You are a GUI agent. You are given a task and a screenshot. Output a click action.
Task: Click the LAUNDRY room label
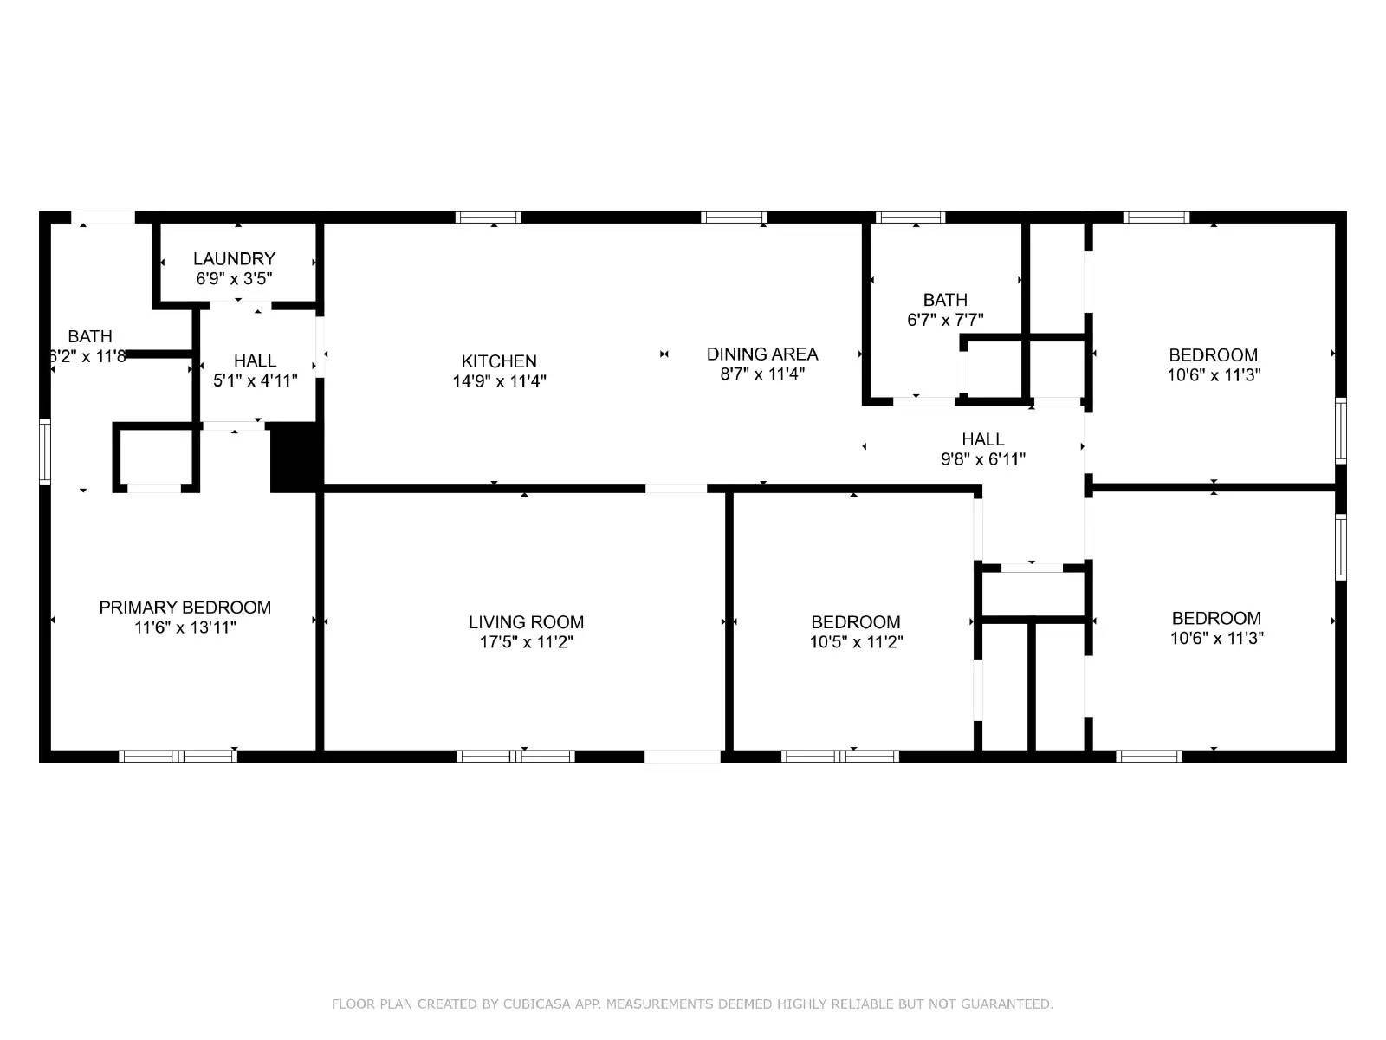tap(234, 258)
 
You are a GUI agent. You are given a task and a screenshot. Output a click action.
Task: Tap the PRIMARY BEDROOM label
tap(185, 608)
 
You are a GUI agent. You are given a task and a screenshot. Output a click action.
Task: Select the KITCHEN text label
tap(499, 361)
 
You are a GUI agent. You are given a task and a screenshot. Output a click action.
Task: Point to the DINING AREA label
tap(762, 354)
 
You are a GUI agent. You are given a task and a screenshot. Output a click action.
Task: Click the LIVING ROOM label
tap(526, 622)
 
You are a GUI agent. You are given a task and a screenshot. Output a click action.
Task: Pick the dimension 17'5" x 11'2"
tap(526, 642)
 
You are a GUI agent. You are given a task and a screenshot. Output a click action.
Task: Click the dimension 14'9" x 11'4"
tap(499, 381)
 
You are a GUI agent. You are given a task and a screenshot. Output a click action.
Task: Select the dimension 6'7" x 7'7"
tap(945, 320)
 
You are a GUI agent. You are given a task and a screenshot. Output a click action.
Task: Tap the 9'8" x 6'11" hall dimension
tap(983, 459)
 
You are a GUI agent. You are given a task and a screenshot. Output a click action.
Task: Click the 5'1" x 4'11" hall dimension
tap(255, 380)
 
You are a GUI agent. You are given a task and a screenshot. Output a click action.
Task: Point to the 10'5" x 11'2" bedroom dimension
tap(856, 642)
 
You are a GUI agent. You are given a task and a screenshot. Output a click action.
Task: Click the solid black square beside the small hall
tap(295, 457)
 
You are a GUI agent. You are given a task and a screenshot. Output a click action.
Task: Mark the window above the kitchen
tap(489, 218)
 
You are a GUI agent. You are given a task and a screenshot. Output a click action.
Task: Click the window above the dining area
tap(734, 218)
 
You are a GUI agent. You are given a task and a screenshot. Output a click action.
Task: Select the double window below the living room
tap(515, 757)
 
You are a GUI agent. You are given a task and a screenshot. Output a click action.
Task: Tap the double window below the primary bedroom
tap(178, 757)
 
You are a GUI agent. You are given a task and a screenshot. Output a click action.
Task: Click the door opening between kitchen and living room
tap(676, 489)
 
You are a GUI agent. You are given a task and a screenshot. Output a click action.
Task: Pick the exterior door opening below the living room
tap(683, 757)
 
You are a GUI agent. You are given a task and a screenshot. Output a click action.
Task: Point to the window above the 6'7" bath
tap(910, 218)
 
